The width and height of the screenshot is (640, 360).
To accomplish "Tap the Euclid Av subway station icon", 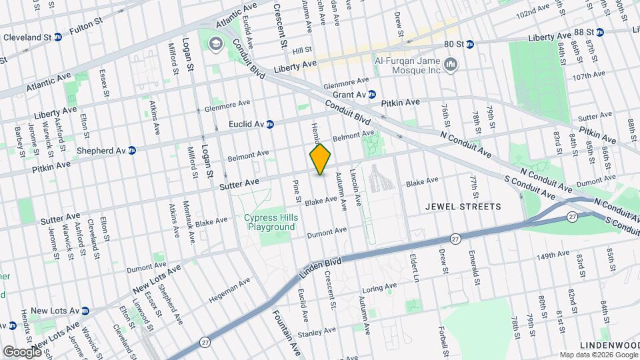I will (x=270, y=124).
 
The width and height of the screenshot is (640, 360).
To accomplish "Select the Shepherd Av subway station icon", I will (x=132, y=150).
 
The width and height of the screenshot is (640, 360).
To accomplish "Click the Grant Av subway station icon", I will (x=372, y=95).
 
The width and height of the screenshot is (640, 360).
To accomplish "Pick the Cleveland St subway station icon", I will (x=58, y=37).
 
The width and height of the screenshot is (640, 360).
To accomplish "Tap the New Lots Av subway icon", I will (x=85, y=311).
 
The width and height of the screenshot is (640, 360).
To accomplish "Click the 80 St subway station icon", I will (x=469, y=44).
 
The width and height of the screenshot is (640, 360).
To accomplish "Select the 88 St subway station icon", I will (x=599, y=31).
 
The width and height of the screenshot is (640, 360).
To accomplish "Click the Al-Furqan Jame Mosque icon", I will (x=451, y=65).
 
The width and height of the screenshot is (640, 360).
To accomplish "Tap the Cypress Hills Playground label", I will (x=269, y=222).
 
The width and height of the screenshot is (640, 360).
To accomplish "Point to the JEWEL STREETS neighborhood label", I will (x=463, y=207).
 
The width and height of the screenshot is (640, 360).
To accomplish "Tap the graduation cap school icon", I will (x=215, y=45).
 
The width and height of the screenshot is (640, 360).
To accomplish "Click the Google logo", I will (x=21, y=351).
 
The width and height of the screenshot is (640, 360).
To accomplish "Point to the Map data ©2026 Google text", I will (x=597, y=355).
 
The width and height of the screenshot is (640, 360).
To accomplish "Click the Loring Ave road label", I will (x=381, y=290).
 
